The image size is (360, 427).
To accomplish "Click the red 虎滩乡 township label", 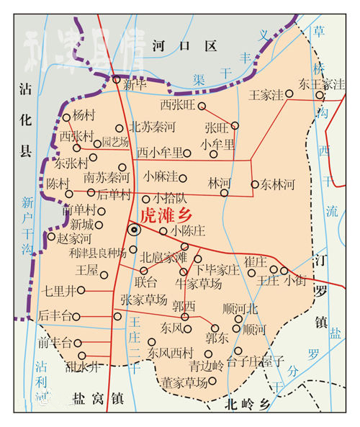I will (x=168, y=214).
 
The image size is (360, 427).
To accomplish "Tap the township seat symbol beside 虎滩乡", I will (x=134, y=230).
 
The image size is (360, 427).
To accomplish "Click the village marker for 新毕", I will (x=117, y=79).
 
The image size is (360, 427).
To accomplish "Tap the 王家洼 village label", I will (x=265, y=94).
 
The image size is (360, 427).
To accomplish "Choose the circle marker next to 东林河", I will (x=254, y=184).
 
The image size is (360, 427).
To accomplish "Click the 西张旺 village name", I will (x=177, y=106).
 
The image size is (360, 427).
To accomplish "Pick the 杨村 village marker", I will (x=66, y=117).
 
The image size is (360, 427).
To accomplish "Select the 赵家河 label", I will (x=74, y=238).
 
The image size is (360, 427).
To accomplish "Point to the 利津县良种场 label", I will (x=97, y=253).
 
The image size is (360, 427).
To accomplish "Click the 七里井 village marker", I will (x=81, y=290).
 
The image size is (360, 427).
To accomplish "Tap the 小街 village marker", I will (x=284, y=271).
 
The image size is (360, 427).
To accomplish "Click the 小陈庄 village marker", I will (x=163, y=231).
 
